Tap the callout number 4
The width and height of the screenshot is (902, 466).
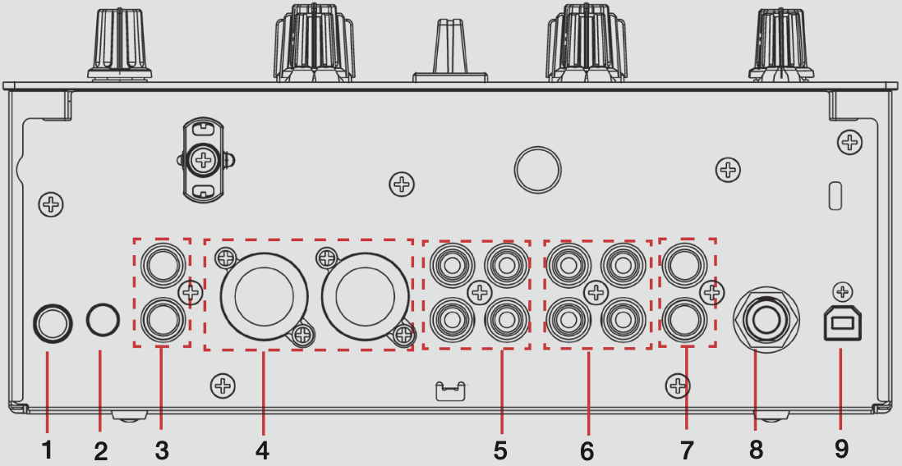point(263,450)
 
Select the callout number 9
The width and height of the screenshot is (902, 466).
point(839,450)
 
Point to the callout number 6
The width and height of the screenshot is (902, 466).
point(587,450)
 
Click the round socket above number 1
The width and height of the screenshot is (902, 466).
point(53,323)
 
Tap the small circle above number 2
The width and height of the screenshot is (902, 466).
point(103,319)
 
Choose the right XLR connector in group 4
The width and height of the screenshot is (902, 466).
point(364,295)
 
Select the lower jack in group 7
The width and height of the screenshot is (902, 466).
point(684,318)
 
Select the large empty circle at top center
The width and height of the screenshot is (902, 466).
point(537,170)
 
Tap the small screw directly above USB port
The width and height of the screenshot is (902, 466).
point(843,292)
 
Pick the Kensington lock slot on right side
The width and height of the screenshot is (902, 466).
point(835,195)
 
